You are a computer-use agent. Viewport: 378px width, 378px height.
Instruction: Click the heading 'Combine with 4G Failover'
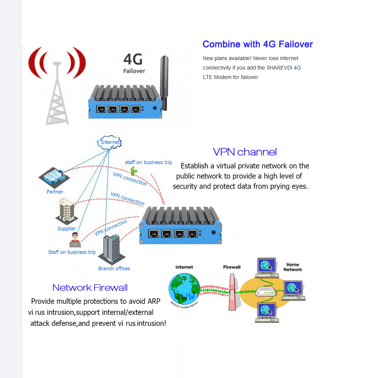pyautogui.click(x=257, y=44)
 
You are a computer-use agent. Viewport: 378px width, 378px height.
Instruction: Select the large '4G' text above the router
pyautogui.click(x=133, y=60)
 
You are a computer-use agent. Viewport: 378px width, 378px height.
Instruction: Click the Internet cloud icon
pyautogui.click(x=110, y=142)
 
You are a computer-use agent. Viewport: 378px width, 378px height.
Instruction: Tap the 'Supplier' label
pyautogui.click(x=67, y=229)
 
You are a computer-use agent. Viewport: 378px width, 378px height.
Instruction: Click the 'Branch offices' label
pyautogui.click(x=114, y=269)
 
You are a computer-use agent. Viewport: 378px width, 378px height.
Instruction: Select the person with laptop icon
pyautogui.click(x=74, y=240)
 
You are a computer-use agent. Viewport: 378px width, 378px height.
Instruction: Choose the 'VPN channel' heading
pyautogui.click(x=245, y=152)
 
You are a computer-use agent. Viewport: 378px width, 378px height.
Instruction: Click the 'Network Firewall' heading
pyautogui.click(x=90, y=288)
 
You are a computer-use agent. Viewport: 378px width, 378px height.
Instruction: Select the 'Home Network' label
pyautogui.click(x=293, y=267)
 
